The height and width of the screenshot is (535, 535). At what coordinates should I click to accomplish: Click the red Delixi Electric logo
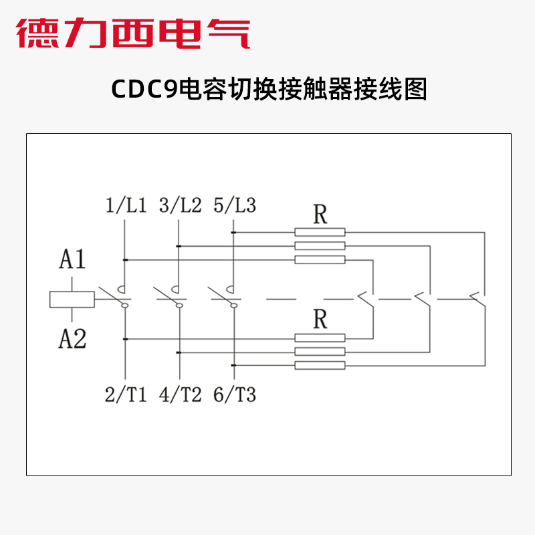tap(133, 33)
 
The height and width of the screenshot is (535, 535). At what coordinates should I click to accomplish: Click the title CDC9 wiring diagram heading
tap(267, 90)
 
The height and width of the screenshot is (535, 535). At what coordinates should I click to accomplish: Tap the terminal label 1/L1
tap(126, 205)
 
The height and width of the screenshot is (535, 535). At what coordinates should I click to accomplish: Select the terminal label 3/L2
tap(180, 205)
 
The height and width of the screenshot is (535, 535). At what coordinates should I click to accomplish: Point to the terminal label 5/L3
tap(234, 205)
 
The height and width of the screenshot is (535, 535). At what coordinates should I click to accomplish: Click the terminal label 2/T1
tap(126, 395)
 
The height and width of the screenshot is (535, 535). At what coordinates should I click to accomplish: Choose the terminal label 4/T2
tap(180, 395)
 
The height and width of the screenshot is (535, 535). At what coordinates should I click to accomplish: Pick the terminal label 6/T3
tap(234, 395)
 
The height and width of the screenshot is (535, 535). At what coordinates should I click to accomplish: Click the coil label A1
tap(72, 259)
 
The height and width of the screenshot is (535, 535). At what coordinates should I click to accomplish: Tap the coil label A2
tap(72, 340)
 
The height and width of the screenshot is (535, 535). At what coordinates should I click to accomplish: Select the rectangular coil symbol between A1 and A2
tap(72, 300)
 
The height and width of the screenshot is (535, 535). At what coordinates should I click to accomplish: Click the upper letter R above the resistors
tap(320, 215)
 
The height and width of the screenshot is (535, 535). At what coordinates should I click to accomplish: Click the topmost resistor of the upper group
tap(320, 232)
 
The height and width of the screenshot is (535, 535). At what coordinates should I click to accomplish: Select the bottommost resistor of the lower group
tap(320, 365)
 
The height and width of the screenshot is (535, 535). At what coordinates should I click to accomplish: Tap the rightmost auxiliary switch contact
tap(477, 298)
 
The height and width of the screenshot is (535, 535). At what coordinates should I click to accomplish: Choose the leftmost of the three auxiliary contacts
tap(366, 298)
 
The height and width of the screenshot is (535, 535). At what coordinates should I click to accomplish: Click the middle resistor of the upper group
tap(320, 246)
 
